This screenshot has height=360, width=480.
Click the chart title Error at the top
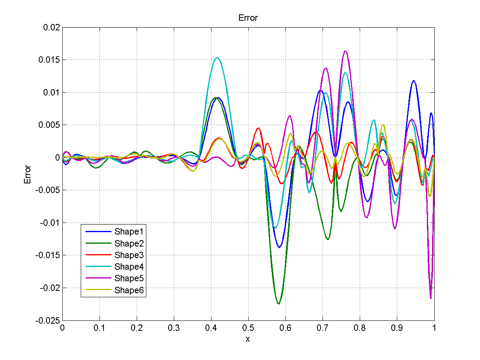248,18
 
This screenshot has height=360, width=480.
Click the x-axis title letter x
248,339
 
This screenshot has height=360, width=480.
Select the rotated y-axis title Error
28,174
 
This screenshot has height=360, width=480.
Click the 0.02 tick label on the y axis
51,28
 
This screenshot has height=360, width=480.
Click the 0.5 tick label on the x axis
248,328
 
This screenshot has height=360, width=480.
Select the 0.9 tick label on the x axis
397,328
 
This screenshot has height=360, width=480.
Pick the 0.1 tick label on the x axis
99,328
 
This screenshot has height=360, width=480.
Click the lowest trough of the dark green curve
279,304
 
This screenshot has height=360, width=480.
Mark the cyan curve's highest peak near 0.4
217,58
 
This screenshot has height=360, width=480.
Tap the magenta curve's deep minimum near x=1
430,298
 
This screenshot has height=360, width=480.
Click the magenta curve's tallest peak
345,51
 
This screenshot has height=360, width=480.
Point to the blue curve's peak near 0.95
414,81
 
